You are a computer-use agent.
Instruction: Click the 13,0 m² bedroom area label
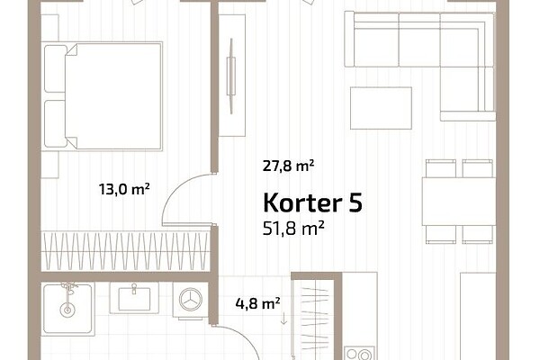124,189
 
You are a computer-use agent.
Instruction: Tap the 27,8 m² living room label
288,166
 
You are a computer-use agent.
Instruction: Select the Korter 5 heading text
312,202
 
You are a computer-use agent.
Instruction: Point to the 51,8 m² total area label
293,228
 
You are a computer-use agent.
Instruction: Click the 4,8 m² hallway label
257,303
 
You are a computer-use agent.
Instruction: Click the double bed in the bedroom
102,96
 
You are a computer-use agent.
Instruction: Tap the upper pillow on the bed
55,68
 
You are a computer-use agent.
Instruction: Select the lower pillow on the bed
55,123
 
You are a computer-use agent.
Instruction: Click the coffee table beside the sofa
381,108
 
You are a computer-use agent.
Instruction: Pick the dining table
459,202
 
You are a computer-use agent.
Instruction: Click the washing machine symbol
191,300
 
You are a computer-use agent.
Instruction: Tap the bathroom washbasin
134,298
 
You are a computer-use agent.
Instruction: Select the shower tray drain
67,310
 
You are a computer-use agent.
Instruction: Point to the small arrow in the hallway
283,318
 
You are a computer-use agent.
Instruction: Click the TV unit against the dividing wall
232,76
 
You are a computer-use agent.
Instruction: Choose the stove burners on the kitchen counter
359,354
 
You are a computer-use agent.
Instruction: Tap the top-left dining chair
441,168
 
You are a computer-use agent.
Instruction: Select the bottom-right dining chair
477,235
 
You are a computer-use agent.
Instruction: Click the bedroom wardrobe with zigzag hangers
125,251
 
